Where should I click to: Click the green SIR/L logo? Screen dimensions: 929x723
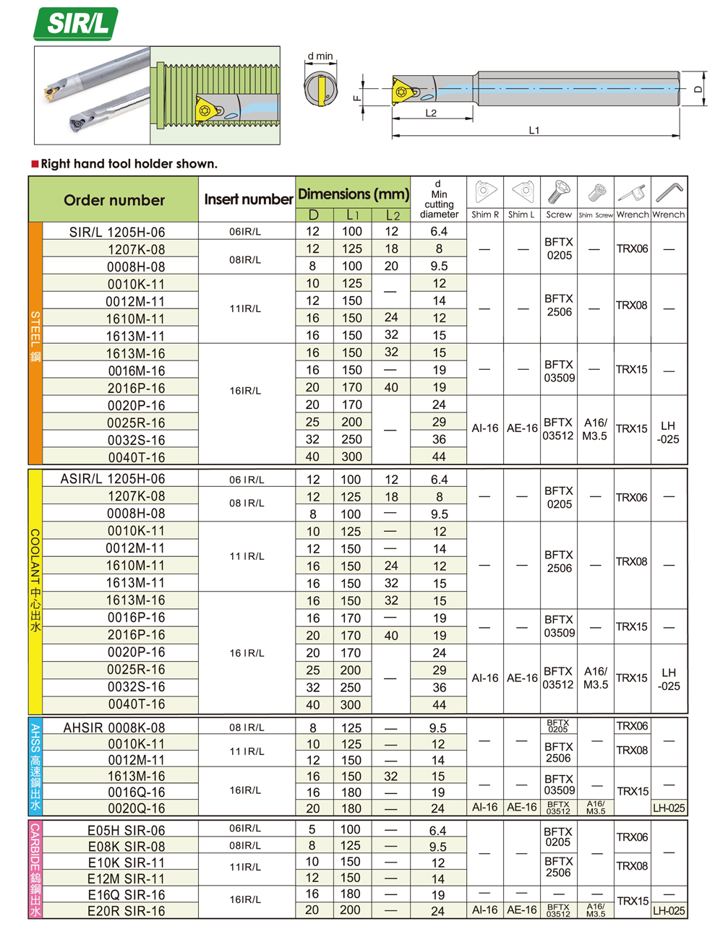(x=76, y=24)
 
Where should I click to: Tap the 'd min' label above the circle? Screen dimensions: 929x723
(x=320, y=56)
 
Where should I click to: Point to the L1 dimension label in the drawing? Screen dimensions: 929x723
(x=534, y=130)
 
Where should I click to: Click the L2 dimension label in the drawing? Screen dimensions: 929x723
(x=431, y=113)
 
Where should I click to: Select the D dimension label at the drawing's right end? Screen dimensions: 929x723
(x=698, y=89)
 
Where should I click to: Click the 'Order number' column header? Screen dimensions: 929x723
(x=114, y=200)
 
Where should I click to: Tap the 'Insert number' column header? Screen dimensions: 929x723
(x=248, y=199)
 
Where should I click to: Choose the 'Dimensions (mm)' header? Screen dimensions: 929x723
(x=354, y=194)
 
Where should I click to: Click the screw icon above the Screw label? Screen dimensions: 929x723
(x=559, y=192)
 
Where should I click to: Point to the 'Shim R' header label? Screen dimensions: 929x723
(x=485, y=215)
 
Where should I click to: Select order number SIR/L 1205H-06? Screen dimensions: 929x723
(x=117, y=232)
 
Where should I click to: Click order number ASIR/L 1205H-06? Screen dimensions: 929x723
(x=113, y=479)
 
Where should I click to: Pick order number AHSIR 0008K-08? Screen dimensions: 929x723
(x=114, y=727)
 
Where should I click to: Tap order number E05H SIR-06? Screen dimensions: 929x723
(x=126, y=831)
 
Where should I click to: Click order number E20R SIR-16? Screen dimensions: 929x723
(x=126, y=911)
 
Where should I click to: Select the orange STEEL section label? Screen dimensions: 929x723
(x=35, y=337)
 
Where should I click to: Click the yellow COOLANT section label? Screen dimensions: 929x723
(x=35, y=581)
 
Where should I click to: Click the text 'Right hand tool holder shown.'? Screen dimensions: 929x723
(x=129, y=164)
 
